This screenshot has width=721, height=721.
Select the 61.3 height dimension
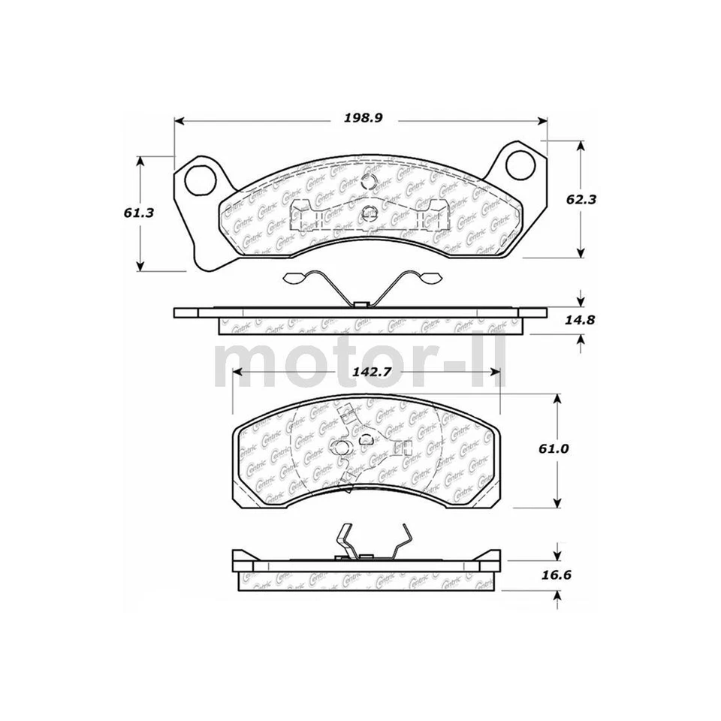point(140,213)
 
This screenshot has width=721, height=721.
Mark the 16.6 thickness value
point(556,577)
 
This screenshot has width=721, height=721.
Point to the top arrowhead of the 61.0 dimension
point(557,399)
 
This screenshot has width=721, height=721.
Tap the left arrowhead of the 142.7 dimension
point(239,372)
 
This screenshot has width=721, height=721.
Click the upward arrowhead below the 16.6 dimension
point(557,596)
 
